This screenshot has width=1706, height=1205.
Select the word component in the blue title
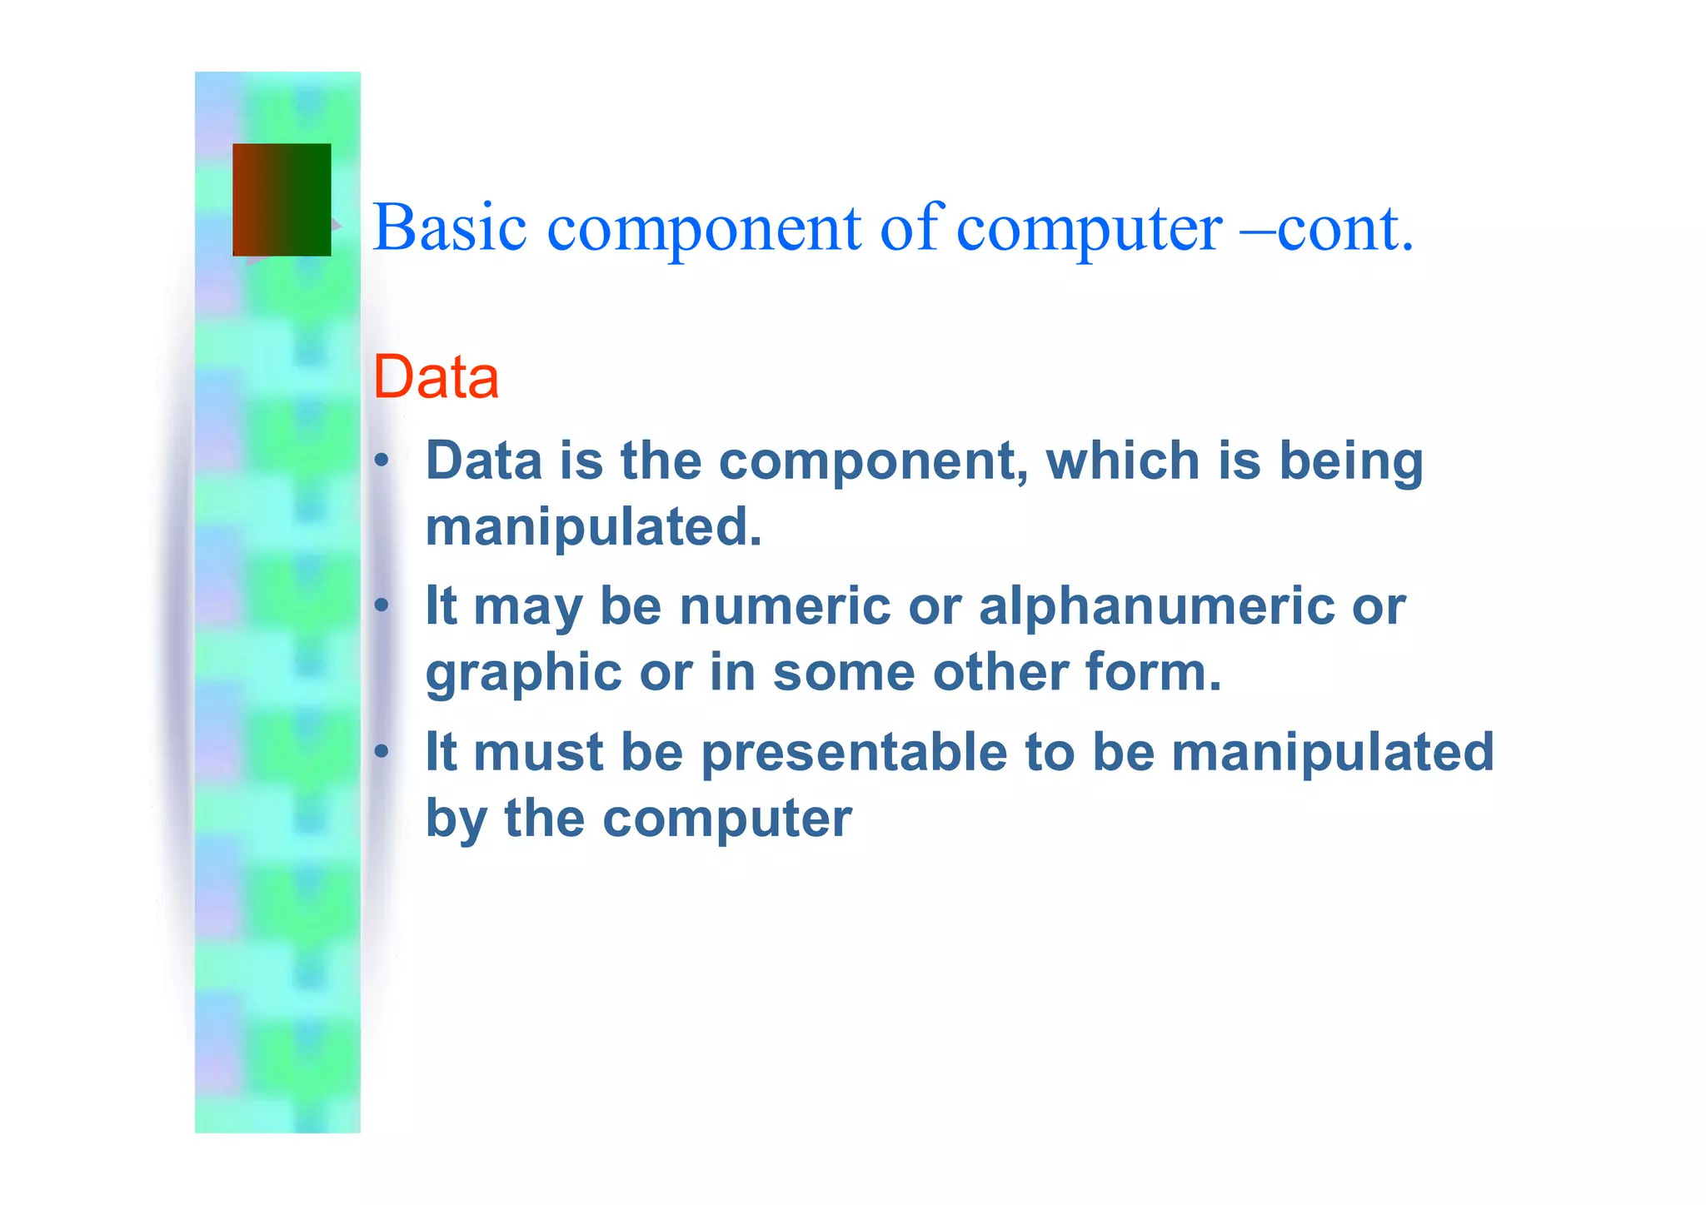point(704,229)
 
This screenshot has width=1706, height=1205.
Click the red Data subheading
point(436,377)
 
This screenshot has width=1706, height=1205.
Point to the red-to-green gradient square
point(282,200)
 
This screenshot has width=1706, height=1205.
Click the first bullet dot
point(382,461)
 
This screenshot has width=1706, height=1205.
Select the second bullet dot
point(382,605)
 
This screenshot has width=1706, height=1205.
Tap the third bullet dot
point(382,752)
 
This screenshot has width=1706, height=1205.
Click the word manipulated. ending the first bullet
point(594,527)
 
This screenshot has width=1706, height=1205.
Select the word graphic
point(523,673)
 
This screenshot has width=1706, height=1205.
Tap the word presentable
point(854,752)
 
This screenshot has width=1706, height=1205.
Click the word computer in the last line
point(726,819)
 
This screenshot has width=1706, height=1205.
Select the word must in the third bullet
point(538,752)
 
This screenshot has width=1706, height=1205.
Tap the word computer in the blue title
point(1089,229)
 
